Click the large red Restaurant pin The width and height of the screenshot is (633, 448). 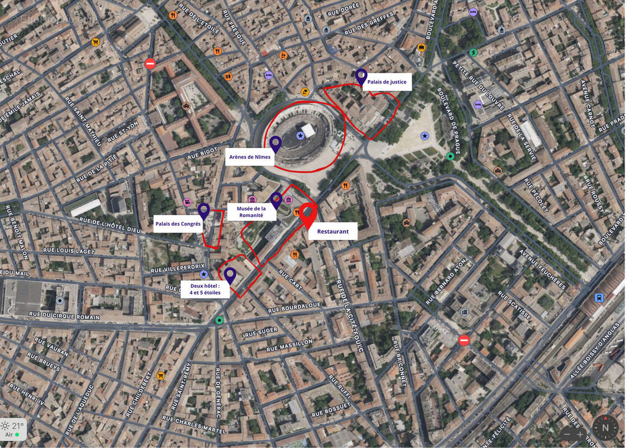[307, 214]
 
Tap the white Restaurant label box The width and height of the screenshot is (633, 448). [332, 231]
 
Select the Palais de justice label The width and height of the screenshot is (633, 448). [387, 82]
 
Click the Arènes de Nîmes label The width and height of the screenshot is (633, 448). [250, 157]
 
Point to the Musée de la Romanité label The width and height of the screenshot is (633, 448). [252, 212]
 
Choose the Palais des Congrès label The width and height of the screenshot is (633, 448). [178, 224]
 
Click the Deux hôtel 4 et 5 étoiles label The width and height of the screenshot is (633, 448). [205, 289]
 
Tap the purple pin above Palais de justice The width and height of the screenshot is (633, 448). [361, 76]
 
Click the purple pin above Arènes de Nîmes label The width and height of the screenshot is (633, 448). [275, 143]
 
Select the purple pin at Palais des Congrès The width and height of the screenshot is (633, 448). [204, 211]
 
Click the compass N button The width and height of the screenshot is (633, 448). [605, 428]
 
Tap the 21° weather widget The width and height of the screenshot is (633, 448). [13, 428]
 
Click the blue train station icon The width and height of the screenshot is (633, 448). [599, 297]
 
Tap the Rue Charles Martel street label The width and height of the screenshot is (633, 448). [194, 425]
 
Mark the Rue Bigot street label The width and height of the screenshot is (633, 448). [201, 152]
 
